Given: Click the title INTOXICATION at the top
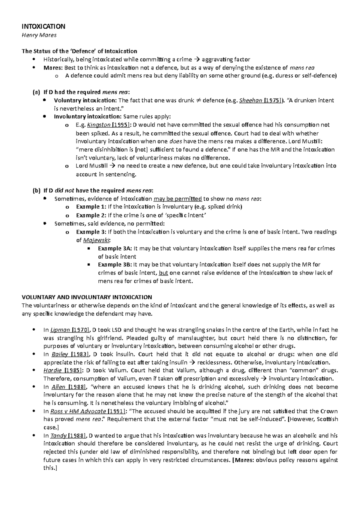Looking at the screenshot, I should pyautogui.click(x=43, y=26).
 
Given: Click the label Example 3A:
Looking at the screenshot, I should pyautogui.click(x=115, y=248).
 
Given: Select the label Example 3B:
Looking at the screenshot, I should pyautogui.click(x=115, y=265).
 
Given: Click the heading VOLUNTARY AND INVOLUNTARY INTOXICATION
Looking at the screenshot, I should pyautogui.click(x=87, y=297).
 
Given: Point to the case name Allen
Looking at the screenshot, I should pyautogui.click(x=58, y=387).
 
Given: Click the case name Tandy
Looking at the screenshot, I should pyautogui.click(x=58, y=436).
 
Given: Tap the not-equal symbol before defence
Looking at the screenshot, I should pyautogui.click(x=198, y=100).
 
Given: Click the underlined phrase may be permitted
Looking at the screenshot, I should pyautogui.click(x=177, y=199).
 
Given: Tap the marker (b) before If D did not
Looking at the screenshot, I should pyautogui.click(x=36, y=191).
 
